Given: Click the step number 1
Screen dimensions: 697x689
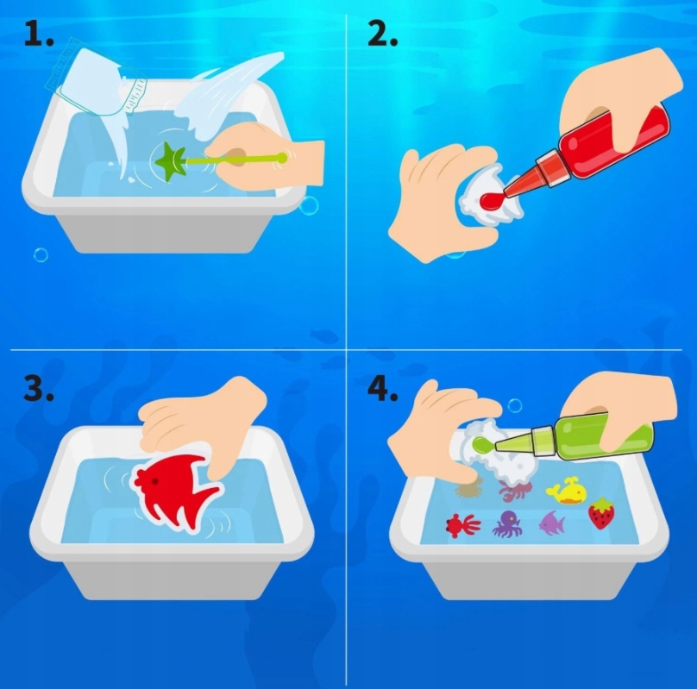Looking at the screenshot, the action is (x=38, y=34).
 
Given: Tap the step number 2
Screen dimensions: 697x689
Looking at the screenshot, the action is (x=382, y=34).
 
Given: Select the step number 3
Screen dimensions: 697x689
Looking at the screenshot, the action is (x=38, y=389).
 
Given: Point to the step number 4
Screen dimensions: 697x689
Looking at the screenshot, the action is (x=382, y=389).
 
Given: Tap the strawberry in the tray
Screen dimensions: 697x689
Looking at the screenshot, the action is (x=600, y=514).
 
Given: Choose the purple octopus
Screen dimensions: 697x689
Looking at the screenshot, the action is (x=507, y=524).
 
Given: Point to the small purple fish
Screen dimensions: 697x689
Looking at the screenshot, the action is (x=552, y=523).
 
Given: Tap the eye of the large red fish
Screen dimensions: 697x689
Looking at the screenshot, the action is (x=154, y=481).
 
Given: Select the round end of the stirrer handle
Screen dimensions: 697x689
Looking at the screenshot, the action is (x=281, y=157).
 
